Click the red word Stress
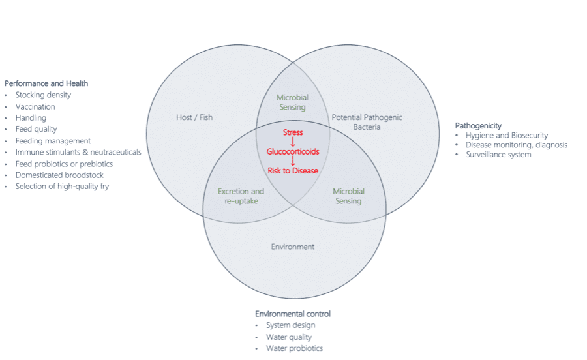coord(293,132)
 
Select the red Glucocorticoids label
coord(293,151)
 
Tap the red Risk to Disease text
coord(293,170)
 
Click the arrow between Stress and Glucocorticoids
coord(293,142)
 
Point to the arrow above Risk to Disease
coord(293,161)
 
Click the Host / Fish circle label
coord(194,117)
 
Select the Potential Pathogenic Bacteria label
coord(367,122)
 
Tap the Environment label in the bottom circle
coord(293,247)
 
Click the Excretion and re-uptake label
coord(241,196)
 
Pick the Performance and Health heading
coord(46,83)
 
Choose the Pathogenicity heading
coord(478,125)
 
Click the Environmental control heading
coord(293,314)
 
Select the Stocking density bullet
coord(43,95)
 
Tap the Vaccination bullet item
coord(35,106)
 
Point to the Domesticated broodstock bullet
coord(59,175)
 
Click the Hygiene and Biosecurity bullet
coord(507,136)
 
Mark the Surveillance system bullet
coord(498,155)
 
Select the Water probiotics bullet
coord(294,348)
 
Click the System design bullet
coord(290,325)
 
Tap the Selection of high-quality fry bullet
coord(62,187)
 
